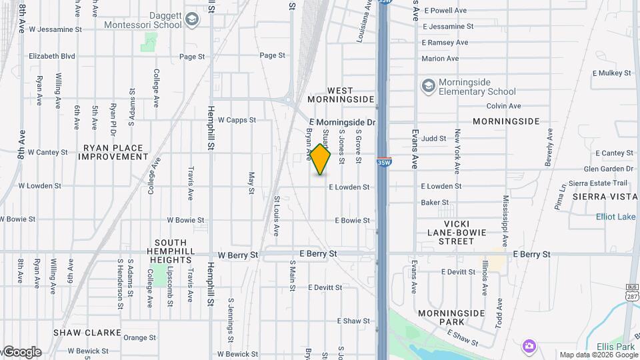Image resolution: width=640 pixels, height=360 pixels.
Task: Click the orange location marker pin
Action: click(x=320, y=160)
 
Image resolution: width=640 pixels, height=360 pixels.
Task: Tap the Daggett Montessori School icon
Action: click(x=192, y=19)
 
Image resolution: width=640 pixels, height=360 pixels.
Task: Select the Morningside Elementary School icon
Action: click(x=428, y=85)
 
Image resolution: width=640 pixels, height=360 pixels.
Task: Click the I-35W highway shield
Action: click(x=384, y=162)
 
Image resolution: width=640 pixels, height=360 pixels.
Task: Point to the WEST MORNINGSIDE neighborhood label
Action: click(x=341, y=95)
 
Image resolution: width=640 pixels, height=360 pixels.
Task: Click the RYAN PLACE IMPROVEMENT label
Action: click(x=113, y=153)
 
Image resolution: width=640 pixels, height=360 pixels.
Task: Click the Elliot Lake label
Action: click(x=615, y=217)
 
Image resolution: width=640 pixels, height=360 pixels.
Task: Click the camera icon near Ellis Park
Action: click(x=529, y=345)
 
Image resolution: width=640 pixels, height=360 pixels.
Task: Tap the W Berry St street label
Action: click(x=237, y=255)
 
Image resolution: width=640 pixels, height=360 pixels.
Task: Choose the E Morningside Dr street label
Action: click(x=342, y=123)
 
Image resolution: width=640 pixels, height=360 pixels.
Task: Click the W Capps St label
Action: click(x=237, y=120)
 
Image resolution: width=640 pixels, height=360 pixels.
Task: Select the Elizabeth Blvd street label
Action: click(x=51, y=57)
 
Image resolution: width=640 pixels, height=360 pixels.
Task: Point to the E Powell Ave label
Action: click(x=446, y=11)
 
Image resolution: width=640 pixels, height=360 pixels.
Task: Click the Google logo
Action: click(x=22, y=352)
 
